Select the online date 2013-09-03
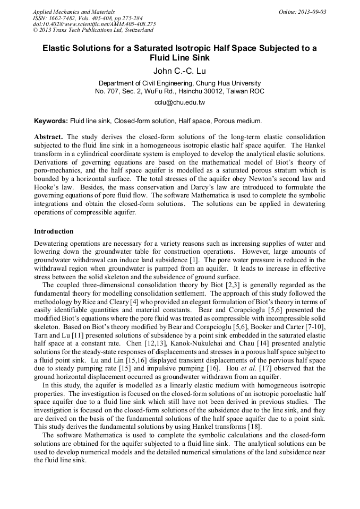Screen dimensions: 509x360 [314, 12]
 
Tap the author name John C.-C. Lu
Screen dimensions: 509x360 [179, 71]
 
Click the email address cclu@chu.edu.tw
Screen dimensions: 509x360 [179, 102]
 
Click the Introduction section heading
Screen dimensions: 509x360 [54, 231]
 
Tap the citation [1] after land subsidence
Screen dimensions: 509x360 [194, 260]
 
